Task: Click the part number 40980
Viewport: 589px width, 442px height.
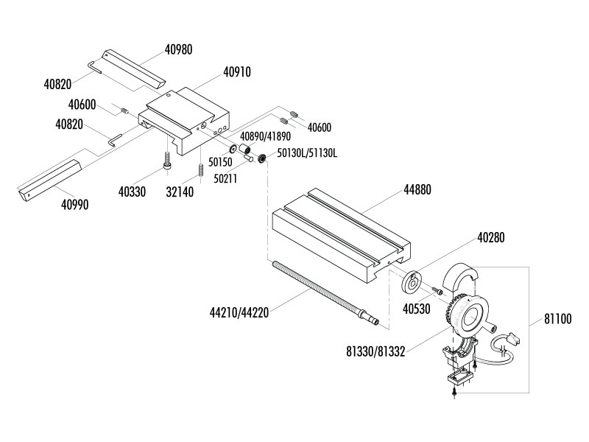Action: click(x=178, y=50)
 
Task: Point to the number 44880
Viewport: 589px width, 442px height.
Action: click(x=416, y=189)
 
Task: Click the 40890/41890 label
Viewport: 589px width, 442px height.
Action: click(x=265, y=136)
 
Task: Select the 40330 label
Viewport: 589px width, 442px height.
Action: click(x=132, y=192)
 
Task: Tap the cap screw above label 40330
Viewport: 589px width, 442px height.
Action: click(x=169, y=161)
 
